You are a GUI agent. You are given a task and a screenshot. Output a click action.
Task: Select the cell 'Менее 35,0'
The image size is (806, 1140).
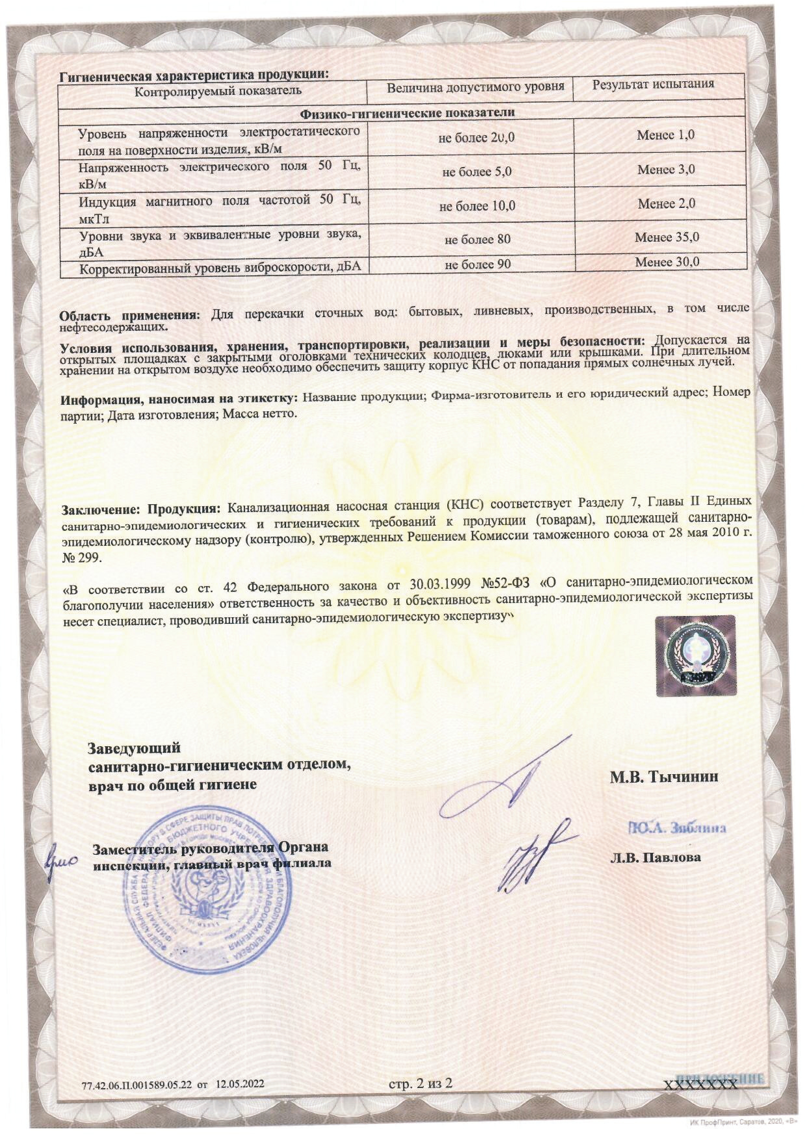click(667, 237)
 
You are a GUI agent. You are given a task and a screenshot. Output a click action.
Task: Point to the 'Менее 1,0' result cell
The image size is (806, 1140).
click(666, 134)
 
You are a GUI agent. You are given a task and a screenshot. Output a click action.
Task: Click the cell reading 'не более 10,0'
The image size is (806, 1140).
click(477, 206)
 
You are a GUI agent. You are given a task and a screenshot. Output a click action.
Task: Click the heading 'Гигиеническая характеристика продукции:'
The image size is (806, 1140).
click(194, 75)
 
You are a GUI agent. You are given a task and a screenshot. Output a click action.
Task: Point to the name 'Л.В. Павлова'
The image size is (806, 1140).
click(656, 857)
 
